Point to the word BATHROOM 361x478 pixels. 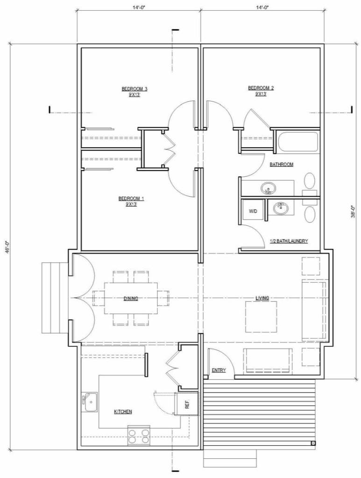(x=282, y=164)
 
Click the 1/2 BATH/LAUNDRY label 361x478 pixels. (x=289, y=241)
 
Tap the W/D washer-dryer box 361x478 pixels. (x=253, y=211)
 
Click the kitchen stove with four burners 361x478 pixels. (x=139, y=436)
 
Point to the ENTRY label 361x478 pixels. (x=219, y=371)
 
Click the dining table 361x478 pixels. (x=131, y=298)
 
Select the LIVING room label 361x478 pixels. (x=262, y=298)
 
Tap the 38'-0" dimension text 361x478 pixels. (x=353, y=211)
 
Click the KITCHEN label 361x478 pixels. (x=123, y=412)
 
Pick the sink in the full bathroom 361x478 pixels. (x=269, y=188)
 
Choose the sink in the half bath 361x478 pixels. (x=281, y=208)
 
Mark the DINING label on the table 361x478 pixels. (x=131, y=299)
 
